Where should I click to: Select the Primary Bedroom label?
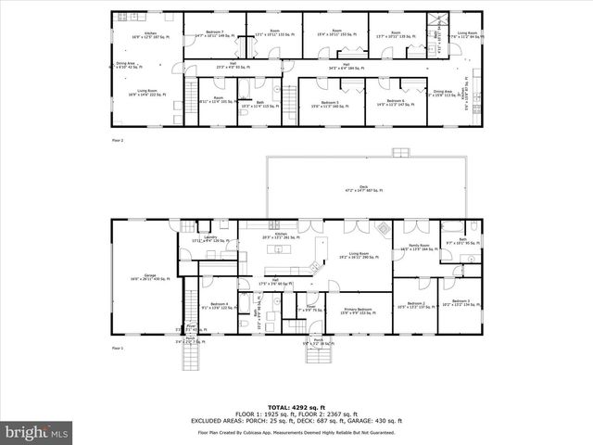coord(357,310)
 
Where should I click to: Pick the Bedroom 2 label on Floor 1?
coord(410,304)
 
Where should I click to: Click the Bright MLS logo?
coord(36,432)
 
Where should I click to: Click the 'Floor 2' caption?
coord(118,140)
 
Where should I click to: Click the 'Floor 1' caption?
coord(118,348)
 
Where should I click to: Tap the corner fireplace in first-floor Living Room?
coord(383,227)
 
